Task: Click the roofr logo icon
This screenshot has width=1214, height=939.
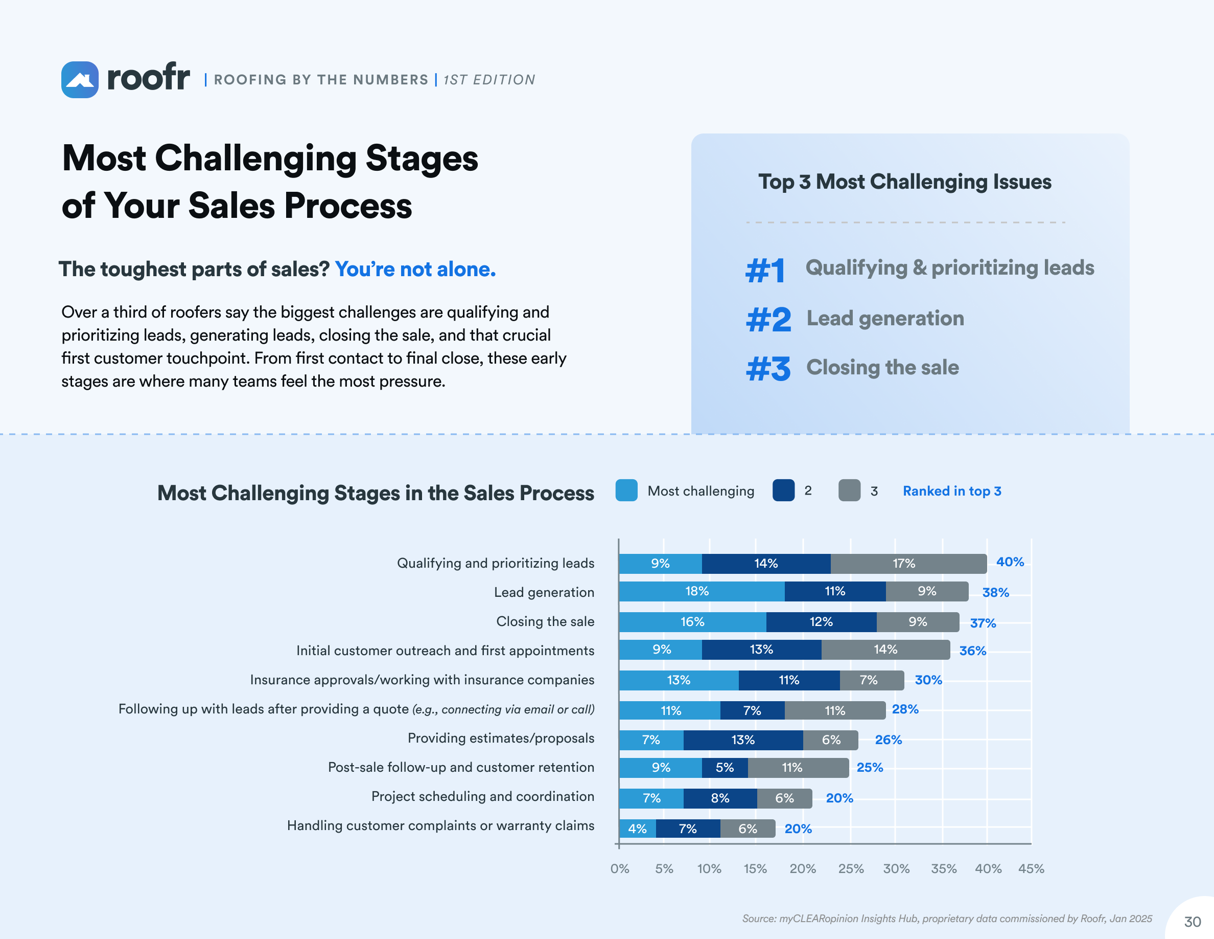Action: point(80,80)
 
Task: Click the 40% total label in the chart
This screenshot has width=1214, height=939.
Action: point(1010,562)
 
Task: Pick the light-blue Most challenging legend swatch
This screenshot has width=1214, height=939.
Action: point(626,490)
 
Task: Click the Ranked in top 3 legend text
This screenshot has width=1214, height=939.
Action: point(952,491)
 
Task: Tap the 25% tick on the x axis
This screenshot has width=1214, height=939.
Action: point(851,869)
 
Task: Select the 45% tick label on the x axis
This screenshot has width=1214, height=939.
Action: point(1031,869)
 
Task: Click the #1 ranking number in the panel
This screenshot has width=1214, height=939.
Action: point(765,271)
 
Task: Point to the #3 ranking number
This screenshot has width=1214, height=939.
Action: point(768,369)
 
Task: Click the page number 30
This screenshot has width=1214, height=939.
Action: point(1193,922)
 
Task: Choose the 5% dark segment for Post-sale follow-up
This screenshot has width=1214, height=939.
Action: point(725,768)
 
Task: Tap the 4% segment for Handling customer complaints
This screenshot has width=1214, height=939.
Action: point(637,829)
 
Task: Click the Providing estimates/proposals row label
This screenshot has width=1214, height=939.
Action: point(501,738)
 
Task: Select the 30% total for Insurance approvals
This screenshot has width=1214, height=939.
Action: point(928,680)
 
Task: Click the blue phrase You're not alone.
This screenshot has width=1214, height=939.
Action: point(415,269)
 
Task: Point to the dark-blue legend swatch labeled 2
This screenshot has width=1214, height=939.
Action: point(783,490)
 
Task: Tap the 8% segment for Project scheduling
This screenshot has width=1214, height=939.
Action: point(720,798)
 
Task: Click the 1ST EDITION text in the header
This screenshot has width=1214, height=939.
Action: point(489,80)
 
